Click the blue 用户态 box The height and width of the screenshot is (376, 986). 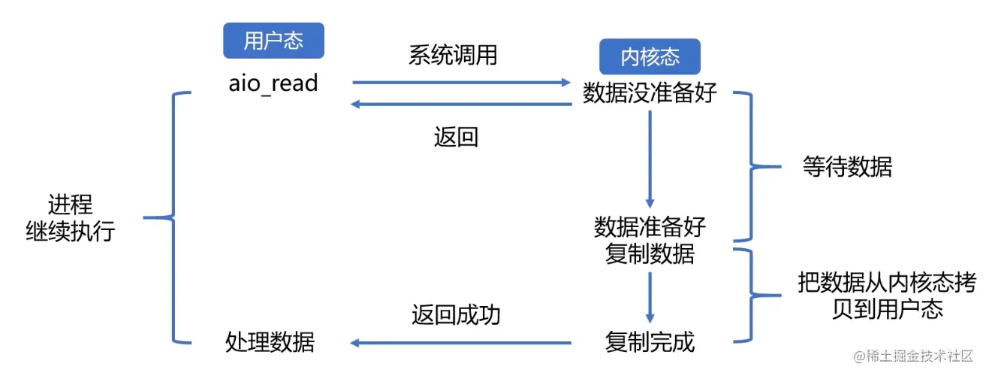coord(273,41)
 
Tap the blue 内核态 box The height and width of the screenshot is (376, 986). coord(650,57)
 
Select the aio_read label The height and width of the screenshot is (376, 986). coord(273,83)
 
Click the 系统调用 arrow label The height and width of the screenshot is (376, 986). coord(453,55)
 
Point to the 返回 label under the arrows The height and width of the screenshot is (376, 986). coord(456,137)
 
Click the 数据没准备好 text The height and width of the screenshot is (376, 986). coord(650,94)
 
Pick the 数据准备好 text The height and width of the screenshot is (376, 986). coord(650,226)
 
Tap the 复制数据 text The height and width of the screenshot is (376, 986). coord(650,254)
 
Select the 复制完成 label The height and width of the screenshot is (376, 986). coord(650,343)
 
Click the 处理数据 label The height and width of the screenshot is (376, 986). coord(270,343)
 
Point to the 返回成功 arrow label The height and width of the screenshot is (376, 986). coord(456,314)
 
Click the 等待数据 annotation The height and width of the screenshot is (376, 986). coord(847,167)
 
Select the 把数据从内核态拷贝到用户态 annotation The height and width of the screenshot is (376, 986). coord(887,296)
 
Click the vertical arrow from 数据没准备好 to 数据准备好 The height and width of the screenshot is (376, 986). coord(650,159)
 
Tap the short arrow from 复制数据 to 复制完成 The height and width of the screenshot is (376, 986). coord(650,296)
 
